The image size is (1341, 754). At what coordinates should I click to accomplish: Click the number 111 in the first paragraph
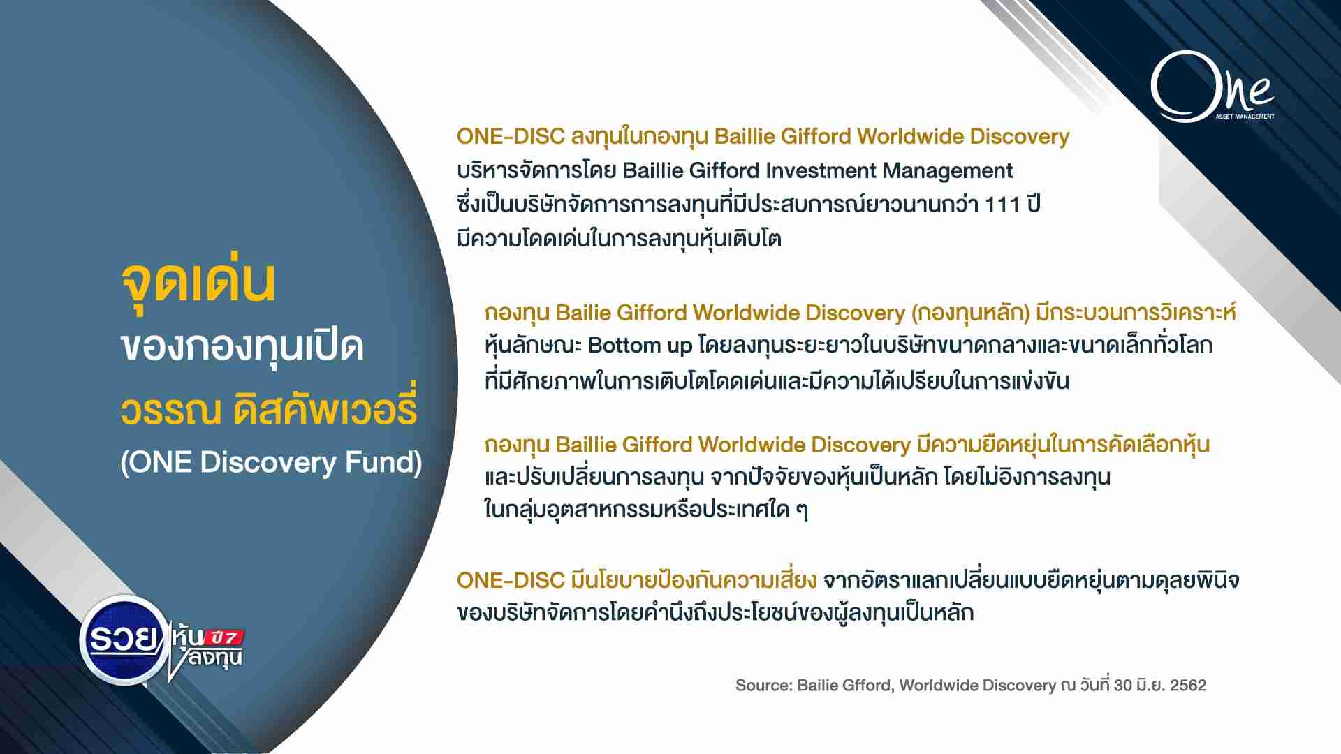(x=1000, y=205)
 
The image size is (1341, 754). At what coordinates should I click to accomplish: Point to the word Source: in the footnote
(x=763, y=686)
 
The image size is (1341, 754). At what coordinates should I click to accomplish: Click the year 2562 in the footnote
(x=1188, y=686)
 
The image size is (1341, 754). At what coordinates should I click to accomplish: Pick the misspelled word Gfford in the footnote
(x=868, y=686)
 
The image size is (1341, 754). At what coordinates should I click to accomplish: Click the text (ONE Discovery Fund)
(x=271, y=462)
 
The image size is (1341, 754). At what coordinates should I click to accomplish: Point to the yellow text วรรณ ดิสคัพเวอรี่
(x=269, y=408)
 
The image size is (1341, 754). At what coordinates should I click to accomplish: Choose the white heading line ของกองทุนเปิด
(x=242, y=346)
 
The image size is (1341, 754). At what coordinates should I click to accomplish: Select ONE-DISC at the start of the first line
(x=511, y=137)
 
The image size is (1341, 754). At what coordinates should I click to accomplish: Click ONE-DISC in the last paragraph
(x=511, y=579)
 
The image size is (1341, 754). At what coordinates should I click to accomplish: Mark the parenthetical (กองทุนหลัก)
(x=971, y=313)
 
